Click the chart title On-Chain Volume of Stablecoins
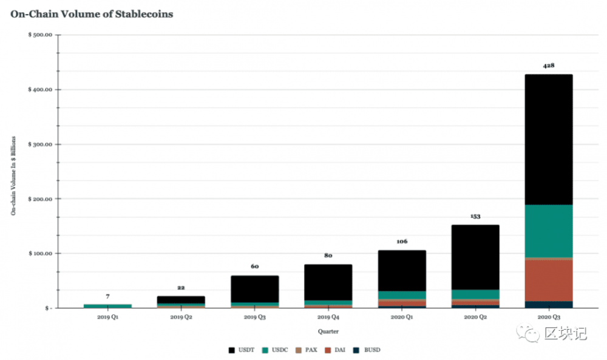click(x=92, y=14)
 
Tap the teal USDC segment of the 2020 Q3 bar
click(x=548, y=231)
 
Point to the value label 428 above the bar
click(x=549, y=66)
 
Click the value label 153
click(x=475, y=216)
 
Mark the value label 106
click(x=402, y=241)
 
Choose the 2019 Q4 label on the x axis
click(x=328, y=318)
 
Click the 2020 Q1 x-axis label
click(x=401, y=318)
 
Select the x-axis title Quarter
click(x=328, y=331)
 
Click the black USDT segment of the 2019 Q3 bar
click(x=254, y=289)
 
